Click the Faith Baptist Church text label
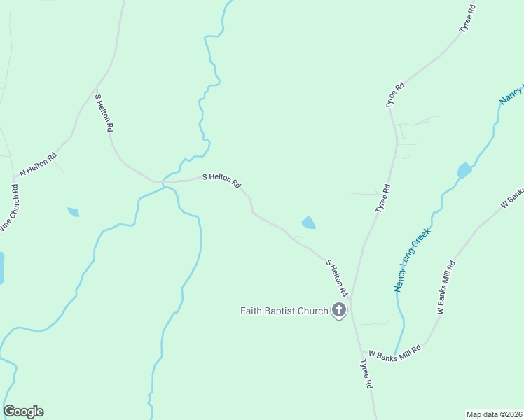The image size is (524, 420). coord(284,311)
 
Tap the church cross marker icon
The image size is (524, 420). coord(339,310)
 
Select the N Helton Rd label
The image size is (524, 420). coord(38,165)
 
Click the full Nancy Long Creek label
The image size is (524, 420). coord(411,259)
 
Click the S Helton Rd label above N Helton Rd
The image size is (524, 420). coord(104,113)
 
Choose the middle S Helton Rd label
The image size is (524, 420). coord(221,181)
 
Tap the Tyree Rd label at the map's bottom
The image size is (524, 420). coord(366,374)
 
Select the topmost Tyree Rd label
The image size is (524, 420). coord(467,19)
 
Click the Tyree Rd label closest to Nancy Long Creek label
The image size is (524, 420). coord(382,198)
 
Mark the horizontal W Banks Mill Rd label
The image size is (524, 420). coord(394,356)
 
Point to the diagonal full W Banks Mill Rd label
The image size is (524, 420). coord(446,287)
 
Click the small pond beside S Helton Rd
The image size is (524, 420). coord(308,223)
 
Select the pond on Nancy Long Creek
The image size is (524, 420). coord(464,170)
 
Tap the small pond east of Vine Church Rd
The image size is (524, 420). coord(73,211)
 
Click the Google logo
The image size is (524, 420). coord(23,412)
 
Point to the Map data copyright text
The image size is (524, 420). coord(494,414)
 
